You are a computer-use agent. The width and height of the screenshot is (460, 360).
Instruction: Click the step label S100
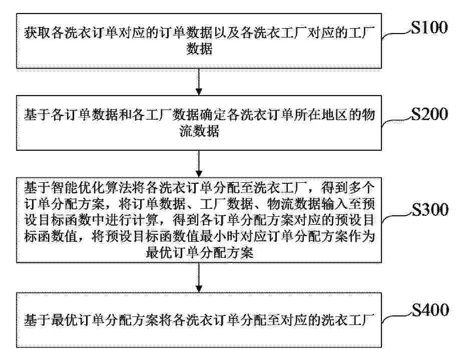point(429,28)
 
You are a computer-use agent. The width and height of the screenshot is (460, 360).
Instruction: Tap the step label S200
point(429,114)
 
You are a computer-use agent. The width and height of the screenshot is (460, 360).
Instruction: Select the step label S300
point(430,209)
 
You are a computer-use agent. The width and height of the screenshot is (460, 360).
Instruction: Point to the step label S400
point(430,310)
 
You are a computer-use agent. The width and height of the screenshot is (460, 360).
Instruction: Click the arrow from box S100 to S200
point(199,82)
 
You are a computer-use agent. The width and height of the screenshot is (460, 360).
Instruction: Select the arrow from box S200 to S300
point(199,164)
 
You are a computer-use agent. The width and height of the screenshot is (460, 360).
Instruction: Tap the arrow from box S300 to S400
point(199,277)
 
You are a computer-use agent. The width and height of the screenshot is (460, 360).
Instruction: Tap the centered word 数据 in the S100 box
point(199,49)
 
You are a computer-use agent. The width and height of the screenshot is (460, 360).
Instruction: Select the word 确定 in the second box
point(212,114)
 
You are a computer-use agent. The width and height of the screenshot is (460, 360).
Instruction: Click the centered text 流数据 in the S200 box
point(199,131)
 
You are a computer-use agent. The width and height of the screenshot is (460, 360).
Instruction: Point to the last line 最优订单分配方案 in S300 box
point(200,253)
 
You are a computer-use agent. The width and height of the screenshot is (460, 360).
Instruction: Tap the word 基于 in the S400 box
point(37,320)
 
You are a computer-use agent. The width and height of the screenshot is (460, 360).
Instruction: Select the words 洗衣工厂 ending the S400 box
point(348,320)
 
